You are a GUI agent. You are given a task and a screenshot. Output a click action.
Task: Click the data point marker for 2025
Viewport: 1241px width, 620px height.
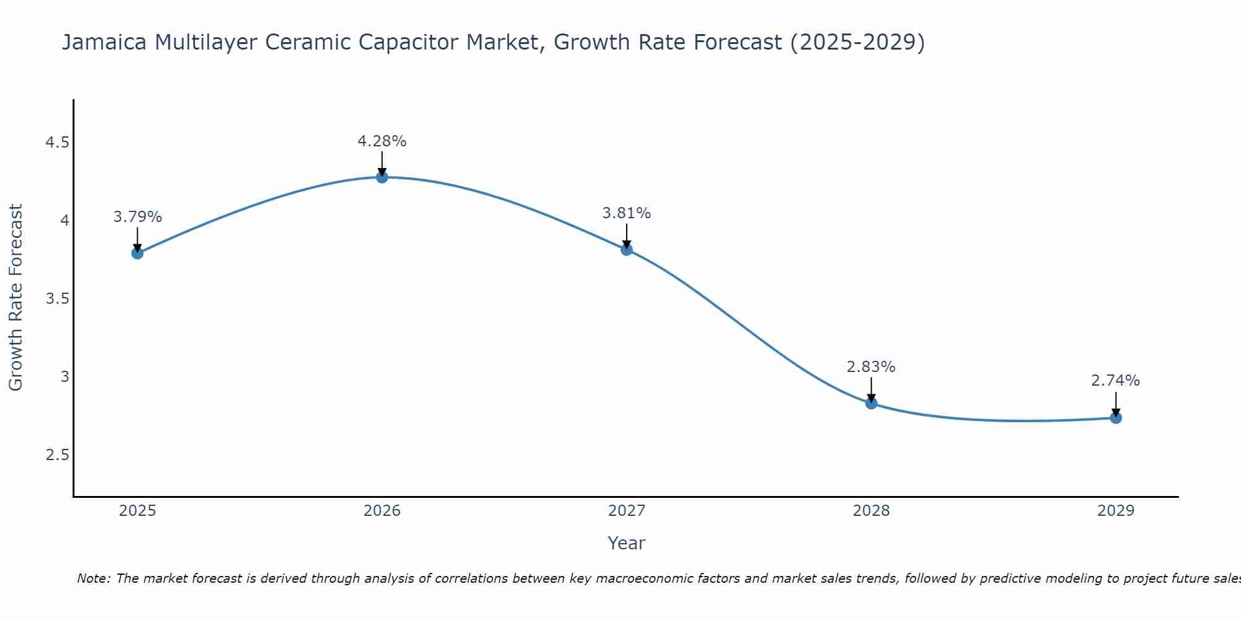pos(137,253)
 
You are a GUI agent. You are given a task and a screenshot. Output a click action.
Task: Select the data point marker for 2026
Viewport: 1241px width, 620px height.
pos(382,177)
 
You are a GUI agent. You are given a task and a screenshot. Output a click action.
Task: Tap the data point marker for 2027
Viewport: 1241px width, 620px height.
pos(627,250)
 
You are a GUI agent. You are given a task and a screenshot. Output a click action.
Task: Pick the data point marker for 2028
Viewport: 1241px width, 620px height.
pos(871,404)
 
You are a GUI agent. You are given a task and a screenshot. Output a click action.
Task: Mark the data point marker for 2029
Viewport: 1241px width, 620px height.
pos(1116,418)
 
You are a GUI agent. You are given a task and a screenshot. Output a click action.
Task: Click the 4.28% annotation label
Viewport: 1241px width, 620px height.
pos(382,141)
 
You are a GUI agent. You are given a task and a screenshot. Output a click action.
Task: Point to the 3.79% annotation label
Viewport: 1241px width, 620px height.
pos(138,217)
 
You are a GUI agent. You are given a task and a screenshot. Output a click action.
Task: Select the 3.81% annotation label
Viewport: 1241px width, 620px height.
pos(627,213)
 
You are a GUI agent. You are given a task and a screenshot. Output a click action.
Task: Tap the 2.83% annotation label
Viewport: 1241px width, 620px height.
pos(871,367)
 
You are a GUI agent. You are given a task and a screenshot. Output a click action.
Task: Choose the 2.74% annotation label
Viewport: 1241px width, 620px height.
pos(1116,381)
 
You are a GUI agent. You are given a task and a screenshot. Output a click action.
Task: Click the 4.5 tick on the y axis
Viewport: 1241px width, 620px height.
pos(57,143)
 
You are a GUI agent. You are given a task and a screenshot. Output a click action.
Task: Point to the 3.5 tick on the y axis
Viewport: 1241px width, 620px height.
pos(57,299)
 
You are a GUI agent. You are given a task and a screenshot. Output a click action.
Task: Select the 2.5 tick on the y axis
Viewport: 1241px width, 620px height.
pos(57,456)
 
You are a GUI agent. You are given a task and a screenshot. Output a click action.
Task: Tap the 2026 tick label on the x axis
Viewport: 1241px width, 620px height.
pos(382,511)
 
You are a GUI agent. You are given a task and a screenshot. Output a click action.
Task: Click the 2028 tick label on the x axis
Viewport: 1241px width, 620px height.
pos(871,511)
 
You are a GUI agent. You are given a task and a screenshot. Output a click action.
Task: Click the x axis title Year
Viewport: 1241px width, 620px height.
pos(627,543)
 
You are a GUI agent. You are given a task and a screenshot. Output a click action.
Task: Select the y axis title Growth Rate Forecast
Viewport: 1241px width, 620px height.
pos(16,298)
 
